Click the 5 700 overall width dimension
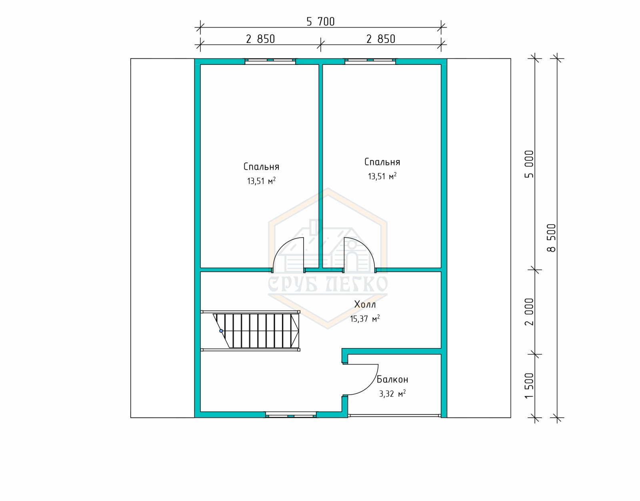320,22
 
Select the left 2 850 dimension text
260,39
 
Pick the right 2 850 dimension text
380,39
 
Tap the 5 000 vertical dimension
529,164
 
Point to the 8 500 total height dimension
551,238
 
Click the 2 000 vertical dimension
529,312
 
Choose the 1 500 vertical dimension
529,385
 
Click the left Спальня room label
261,167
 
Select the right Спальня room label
382,162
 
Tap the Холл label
365,305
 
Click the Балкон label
392,379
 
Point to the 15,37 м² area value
365,319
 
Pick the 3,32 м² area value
392,393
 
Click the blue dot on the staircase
221,331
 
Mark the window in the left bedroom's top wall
270,62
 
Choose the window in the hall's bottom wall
291,415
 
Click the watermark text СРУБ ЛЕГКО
328,284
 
